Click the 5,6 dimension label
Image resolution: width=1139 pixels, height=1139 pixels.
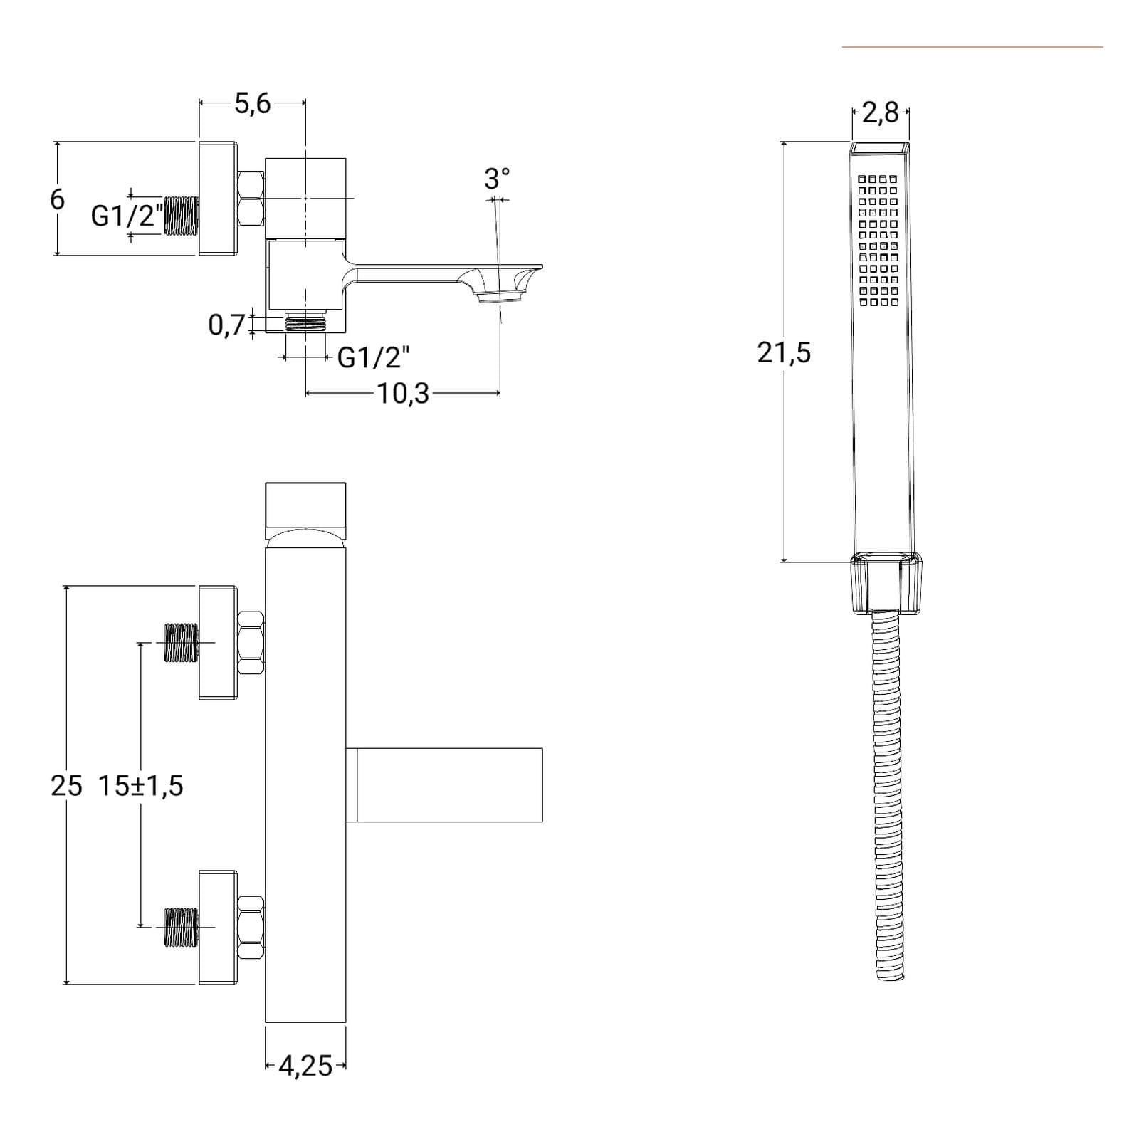pyautogui.click(x=253, y=104)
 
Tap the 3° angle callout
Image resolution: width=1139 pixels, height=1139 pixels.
pyautogui.click(x=497, y=179)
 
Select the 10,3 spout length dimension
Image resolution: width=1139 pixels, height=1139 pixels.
pyautogui.click(x=403, y=394)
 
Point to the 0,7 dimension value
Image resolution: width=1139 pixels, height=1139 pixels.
pyautogui.click(x=226, y=325)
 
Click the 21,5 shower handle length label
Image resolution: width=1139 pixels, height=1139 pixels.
pyautogui.click(x=784, y=352)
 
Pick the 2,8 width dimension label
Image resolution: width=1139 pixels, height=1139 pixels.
pyautogui.click(x=881, y=112)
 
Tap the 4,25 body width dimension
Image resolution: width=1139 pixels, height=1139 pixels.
pyautogui.click(x=305, y=1066)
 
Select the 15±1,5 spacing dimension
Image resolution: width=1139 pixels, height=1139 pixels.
pyautogui.click(x=141, y=786)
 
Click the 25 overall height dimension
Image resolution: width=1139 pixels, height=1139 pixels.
pyautogui.click(x=67, y=786)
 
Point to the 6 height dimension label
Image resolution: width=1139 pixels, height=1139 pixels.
pyautogui.click(x=57, y=199)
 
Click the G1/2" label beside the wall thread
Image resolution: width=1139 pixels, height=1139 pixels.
pyautogui.click(x=127, y=215)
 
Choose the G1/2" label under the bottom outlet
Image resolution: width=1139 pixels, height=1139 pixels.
pyautogui.click(x=373, y=357)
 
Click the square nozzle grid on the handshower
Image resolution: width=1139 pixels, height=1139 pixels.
pyautogui.click(x=878, y=241)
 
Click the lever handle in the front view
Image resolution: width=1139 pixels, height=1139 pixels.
pyautogui.click(x=445, y=785)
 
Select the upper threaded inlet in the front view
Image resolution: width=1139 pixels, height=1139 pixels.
pyautogui.click(x=182, y=643)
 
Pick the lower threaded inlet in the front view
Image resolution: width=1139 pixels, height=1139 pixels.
pyautogui.click(x=182, y=927)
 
